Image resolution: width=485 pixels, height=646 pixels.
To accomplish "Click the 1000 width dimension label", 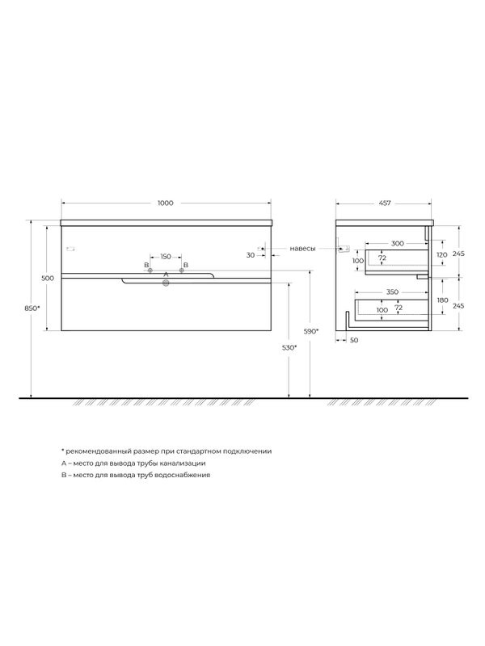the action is [166, 203].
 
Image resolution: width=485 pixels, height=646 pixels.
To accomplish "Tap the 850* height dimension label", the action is [32, 308].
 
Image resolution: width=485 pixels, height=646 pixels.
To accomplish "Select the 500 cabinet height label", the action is [48, 278].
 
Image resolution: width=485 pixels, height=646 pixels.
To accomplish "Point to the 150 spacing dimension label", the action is [166, 257].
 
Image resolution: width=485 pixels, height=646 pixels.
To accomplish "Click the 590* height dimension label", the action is [311, 331].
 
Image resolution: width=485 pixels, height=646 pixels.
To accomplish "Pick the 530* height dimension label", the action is [289, 348].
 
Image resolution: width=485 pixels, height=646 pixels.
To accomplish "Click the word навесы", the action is [302, 249].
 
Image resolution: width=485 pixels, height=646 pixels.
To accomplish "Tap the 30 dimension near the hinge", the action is [251, 255].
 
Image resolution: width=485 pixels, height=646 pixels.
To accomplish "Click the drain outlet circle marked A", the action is [166, 282].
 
